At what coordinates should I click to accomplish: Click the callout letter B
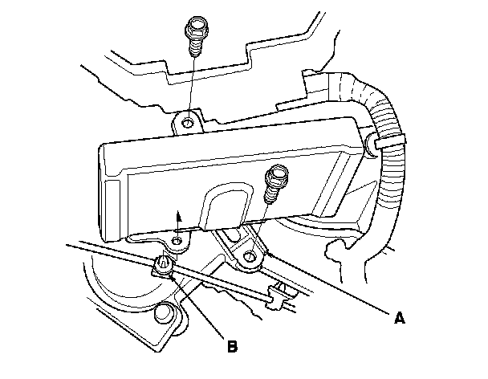click(231, 348)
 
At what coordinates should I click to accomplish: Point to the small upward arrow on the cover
click(179, 214)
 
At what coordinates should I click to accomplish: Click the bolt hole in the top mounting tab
click(187, 123)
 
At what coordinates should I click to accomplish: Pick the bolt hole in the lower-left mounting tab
click(175, 241)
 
